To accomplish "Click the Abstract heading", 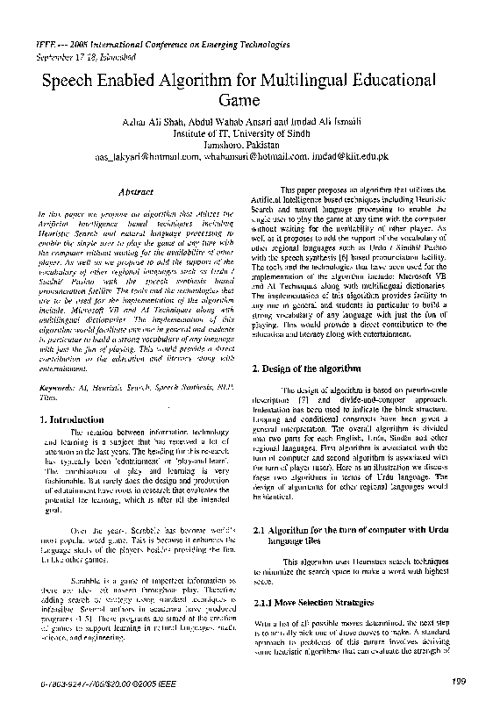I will pos(136,191).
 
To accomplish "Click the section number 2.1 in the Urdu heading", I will pos(259,532).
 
